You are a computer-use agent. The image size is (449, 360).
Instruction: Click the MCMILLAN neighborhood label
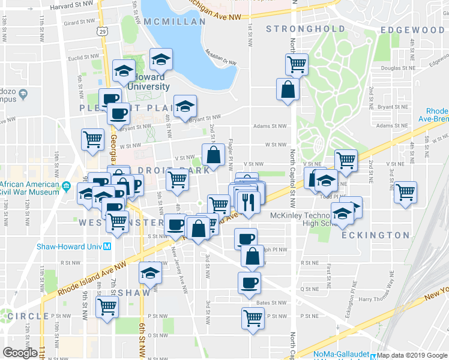pyautogui.click(x=175, y=20)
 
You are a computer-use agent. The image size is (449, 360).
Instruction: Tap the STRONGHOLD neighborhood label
pyautogui.click(x=306, y=29)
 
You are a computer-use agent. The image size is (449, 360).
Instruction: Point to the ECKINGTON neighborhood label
pyautogui.click(x=376, y=235)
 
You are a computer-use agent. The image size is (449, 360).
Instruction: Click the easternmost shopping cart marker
pyautogui.click(x=406, y=192)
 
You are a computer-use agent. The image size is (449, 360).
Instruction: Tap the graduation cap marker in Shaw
pyautogui.click(x=149, y=273)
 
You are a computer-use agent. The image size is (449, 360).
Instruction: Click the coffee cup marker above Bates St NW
pyautogui.click(x=249, y=282)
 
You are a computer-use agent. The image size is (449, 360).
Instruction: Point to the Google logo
pyautogui.click(x=20, y=352)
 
